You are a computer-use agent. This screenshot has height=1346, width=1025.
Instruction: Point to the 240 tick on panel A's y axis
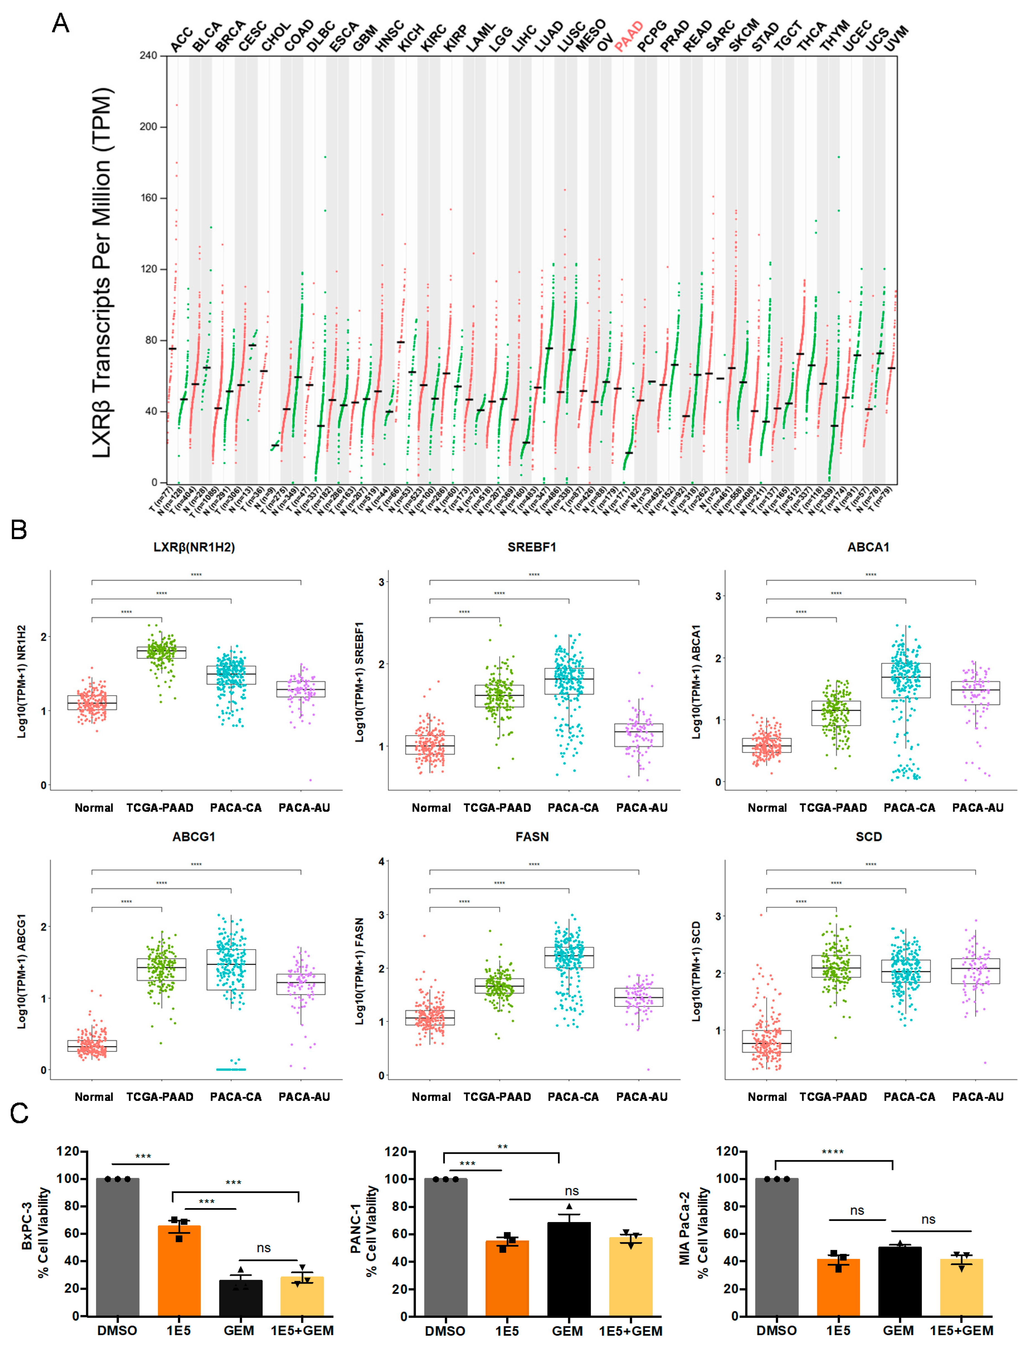[x=148, y=55]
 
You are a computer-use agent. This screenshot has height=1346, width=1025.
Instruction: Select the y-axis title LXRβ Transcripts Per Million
[x=103, y=273]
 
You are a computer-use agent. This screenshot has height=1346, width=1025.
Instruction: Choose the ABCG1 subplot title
[x=194, y=836]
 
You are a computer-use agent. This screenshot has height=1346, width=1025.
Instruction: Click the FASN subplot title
[x=532, y=836]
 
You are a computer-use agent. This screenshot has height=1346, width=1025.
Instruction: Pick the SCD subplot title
[x=869, y=836]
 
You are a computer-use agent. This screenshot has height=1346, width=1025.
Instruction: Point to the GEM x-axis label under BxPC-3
[x=239, y=1330]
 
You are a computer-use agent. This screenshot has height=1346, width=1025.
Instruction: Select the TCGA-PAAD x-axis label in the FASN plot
[x=497, y=1096]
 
